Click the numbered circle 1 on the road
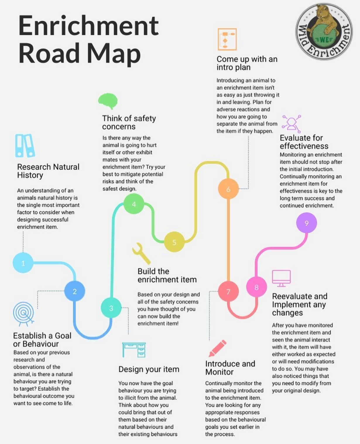(23, 263)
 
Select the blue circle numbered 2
(75, 291)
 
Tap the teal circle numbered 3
(111, 308)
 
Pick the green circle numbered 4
(134, 204)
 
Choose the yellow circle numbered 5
(174, 242)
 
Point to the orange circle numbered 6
(228, 189)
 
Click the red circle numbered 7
(228, 292)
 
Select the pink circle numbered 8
(256, 287)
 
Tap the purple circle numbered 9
(306, 223)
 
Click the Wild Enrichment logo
(324, 32)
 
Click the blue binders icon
(25, 145)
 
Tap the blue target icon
(23, 313)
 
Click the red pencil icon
(217, 348)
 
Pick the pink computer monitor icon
(281, 278)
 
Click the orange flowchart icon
(227, 39)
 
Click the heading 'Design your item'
(149, 369)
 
